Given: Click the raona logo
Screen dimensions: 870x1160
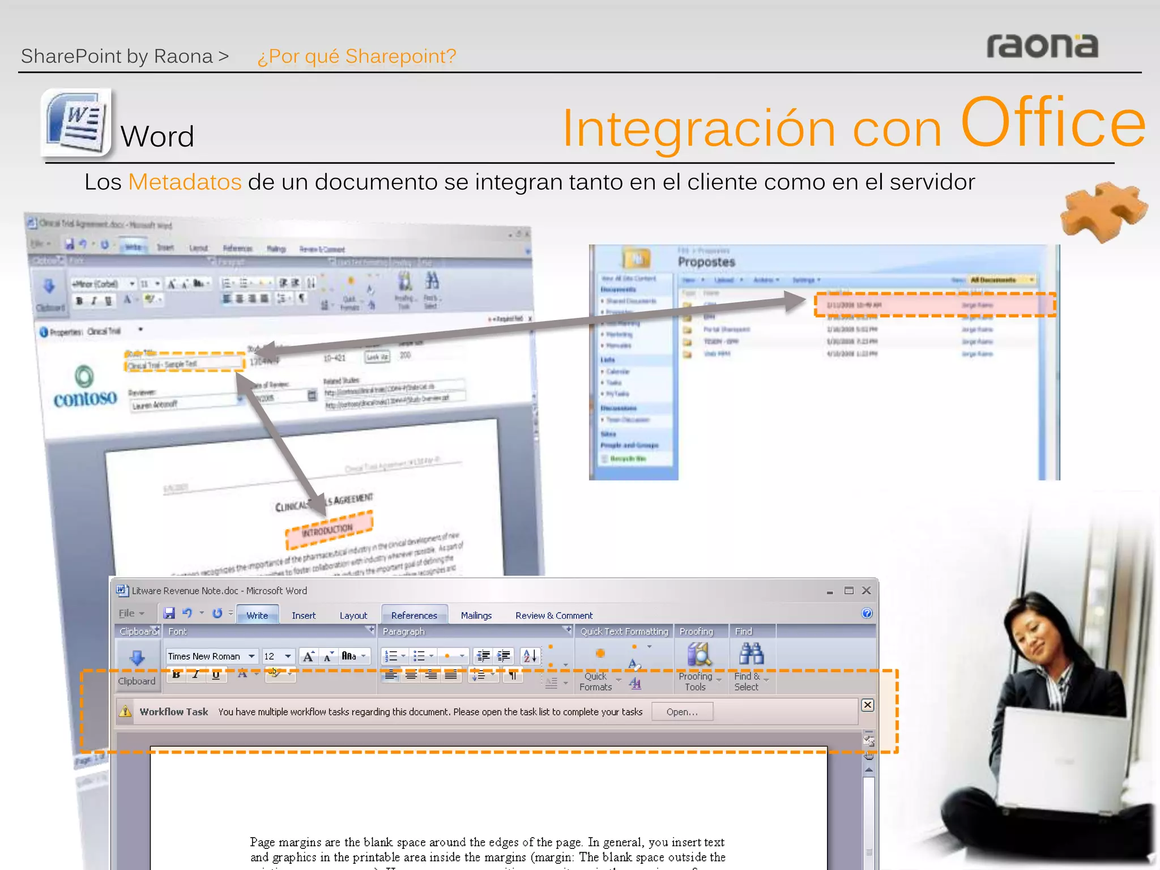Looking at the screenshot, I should (x=1042, y=46).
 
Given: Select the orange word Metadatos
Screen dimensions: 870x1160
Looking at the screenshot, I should (x=185, y=182).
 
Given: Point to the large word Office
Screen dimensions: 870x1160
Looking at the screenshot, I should (x=1053, y=123).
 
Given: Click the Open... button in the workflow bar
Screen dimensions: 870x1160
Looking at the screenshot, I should (x=682, y=712).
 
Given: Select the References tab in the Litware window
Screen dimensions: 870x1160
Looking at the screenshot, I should (x=414, y=616).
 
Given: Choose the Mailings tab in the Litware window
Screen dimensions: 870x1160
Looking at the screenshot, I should (x=476, y=616).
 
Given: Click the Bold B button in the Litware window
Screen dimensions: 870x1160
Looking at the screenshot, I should (x=177, y=675).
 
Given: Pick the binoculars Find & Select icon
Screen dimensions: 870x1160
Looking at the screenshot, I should (x=751, y=654).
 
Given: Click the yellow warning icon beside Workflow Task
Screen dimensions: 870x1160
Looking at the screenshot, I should (x=125, y=711).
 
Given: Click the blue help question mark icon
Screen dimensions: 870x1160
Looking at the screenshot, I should (x=867, y=613).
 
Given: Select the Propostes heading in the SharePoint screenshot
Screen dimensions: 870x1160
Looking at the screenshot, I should (x=706, y=262).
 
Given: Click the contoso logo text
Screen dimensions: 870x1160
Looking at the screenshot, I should (x=85, y=399).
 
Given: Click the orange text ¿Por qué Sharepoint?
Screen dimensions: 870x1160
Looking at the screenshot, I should (x=357, y=57).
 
